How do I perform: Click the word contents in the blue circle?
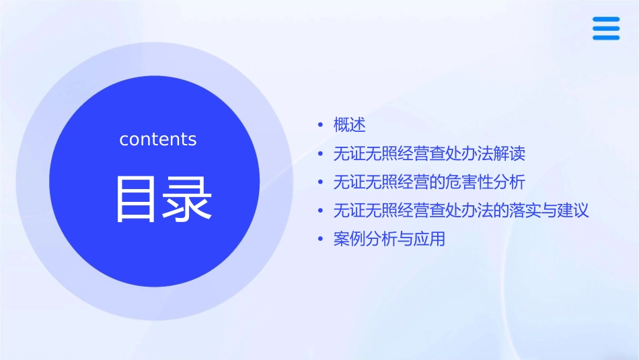[158, 139]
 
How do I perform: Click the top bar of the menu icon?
[606, 20]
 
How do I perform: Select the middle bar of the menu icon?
[606, 28]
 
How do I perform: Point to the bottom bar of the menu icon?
[606, 37]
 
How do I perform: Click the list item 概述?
[349, 125]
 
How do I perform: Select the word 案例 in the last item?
[349, 239]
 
